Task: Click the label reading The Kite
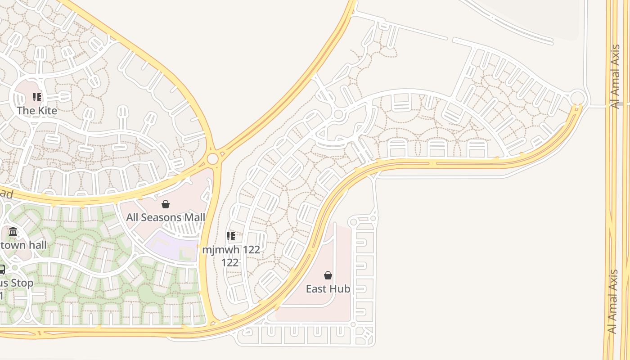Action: [37, 111]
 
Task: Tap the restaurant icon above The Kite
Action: [37, 97]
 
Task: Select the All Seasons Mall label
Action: [166, 217]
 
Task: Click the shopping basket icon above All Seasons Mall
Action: [166, 204]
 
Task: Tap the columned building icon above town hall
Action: [13, 232]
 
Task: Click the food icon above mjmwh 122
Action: [231, 236]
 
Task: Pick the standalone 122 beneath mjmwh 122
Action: [230, 262]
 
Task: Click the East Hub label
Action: [328, 289]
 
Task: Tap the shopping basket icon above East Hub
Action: [328, 275]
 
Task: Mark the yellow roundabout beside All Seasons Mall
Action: [212, 158]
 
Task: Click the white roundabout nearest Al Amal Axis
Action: [577, 98]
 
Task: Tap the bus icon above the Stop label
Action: [1, 270]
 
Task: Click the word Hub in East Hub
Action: [341, 289]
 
